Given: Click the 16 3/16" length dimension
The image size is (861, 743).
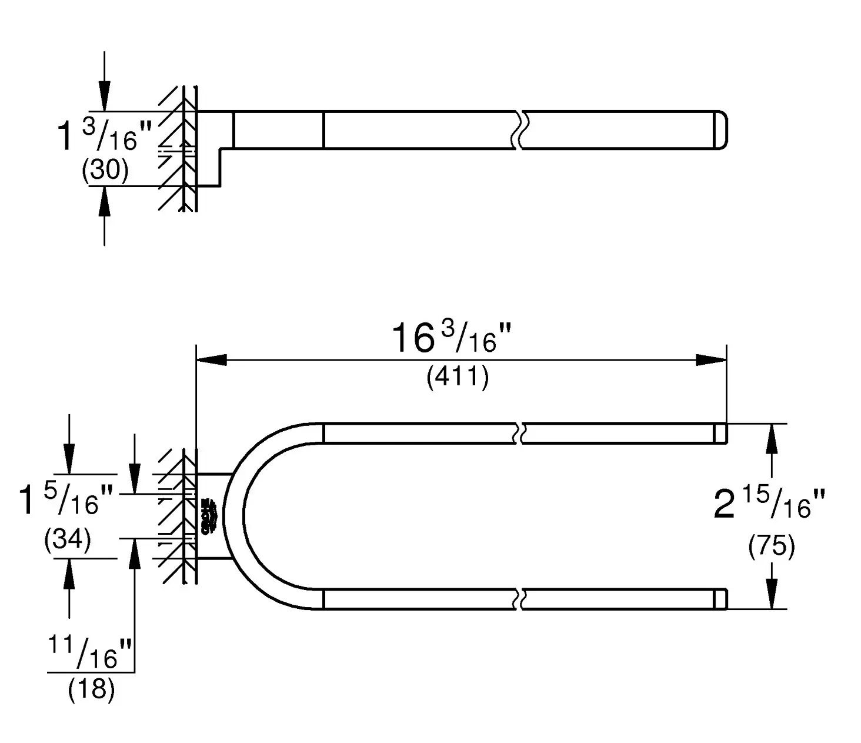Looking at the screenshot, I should click(451, 339).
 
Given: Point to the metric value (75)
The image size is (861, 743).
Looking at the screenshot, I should click(772, 547).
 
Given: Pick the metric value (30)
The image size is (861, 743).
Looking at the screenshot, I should click(105, 171).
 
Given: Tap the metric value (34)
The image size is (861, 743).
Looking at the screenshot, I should click(68, 539).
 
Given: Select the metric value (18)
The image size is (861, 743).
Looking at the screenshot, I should click(91, 689).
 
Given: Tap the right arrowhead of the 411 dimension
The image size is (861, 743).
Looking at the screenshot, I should click(711, 359).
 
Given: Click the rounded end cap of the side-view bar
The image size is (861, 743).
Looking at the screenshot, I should click(722, 129).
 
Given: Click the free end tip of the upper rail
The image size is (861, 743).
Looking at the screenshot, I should click(721, 433).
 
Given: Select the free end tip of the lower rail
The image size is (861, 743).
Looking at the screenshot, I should click(721, 599).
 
